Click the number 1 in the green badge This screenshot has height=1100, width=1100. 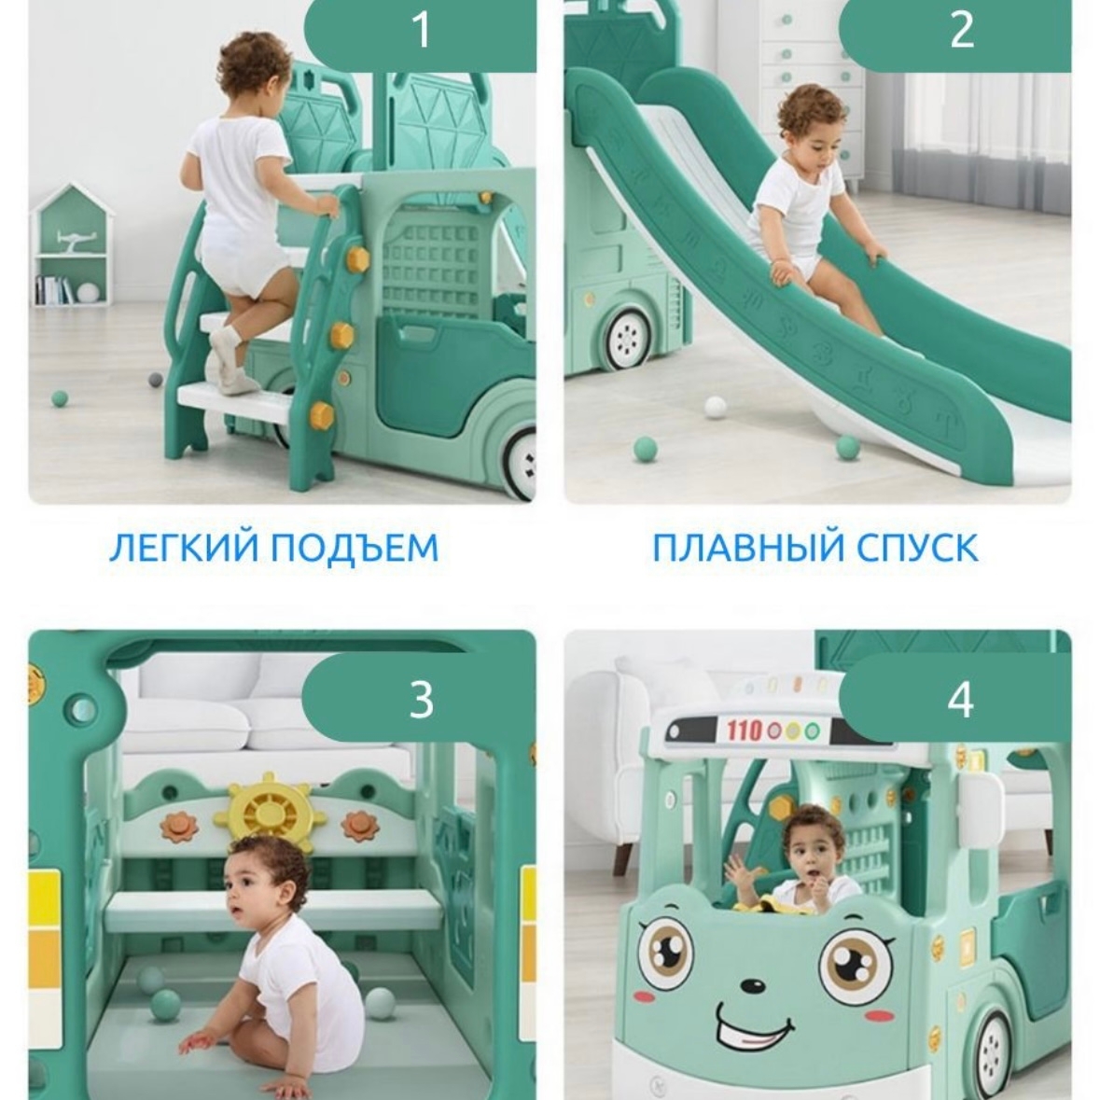click(x=421, y=30)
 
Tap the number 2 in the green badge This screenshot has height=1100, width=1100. click(x=962, y=30)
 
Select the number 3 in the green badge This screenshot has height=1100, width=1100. click(x=421, y=699)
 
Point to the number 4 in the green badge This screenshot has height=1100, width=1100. click(x=961, y=699)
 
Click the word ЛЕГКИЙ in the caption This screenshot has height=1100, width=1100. click(x=184, y=548)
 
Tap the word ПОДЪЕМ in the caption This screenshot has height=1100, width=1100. click(x=355, y=548)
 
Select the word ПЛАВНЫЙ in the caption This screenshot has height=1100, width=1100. click(x=743, y=548)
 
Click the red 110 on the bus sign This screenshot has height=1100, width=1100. click(x=745, y=731)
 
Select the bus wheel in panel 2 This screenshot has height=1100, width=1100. click(x=626, y=341)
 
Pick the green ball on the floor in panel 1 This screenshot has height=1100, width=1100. click(x=60, y=398)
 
